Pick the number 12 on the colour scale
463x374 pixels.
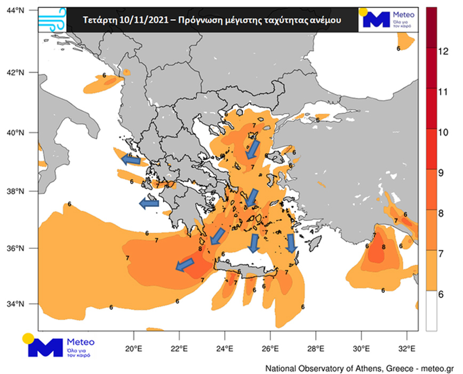[x=442, y=51]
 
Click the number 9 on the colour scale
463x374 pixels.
[x=441, y=172]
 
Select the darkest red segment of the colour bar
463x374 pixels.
[x=431, y=27]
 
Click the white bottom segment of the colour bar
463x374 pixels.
[x=431, y=312]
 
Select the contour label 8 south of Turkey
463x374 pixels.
[x=384, y=247]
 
